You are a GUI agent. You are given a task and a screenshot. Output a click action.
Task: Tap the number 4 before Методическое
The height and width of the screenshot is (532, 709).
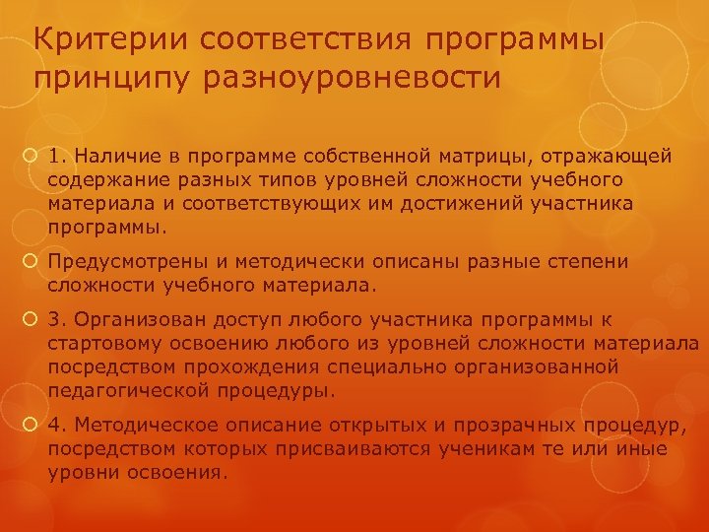point(54,426)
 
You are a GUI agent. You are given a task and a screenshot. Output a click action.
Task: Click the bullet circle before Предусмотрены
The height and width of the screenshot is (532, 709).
point(32,263)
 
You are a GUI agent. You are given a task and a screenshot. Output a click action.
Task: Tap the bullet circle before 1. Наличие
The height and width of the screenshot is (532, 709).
point(32,156)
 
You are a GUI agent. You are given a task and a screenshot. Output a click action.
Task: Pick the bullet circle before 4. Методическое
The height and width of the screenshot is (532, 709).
point(32,426)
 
